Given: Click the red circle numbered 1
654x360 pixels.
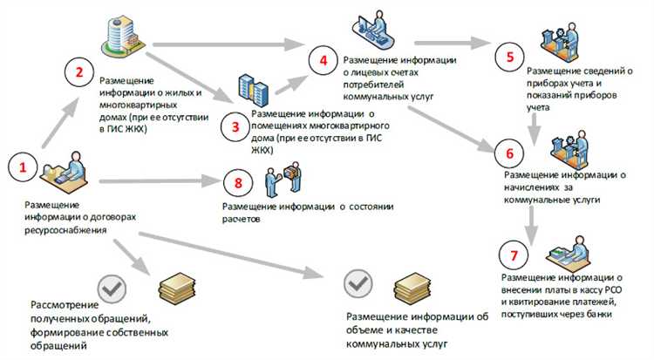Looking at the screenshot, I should pyautogui.click(x=24, y=166).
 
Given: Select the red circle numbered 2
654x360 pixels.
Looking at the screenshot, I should pyautogui.click(x=78, y=74).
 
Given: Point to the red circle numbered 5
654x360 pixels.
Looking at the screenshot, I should pyautogui.click(x=508, y=57).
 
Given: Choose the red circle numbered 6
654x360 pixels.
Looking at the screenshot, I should pyautogui.click(x=509, y=152).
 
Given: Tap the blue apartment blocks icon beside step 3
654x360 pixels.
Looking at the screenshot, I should pyautogui.click(x=252, y=91).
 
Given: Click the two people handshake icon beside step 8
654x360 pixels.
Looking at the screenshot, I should pyautogui.click(x=283, y=177).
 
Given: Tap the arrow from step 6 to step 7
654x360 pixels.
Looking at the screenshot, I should pyautogui.click(x=530, y=222).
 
